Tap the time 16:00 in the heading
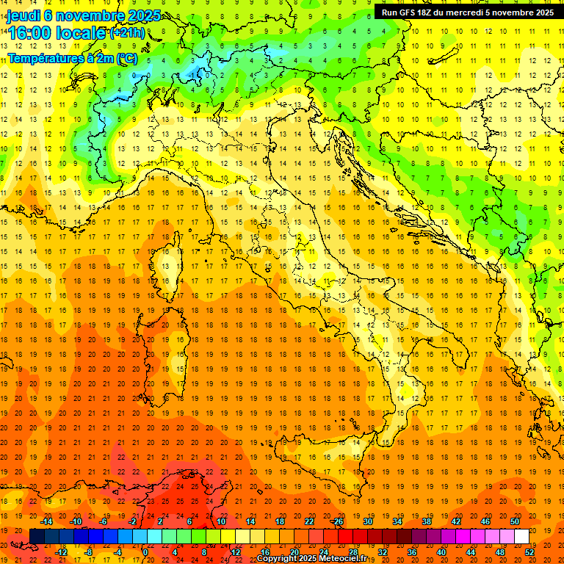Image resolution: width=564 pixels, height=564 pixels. coord(29,33)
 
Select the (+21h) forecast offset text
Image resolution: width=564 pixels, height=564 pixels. coord(127,33)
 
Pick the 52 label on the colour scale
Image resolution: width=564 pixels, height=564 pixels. coord(529,552)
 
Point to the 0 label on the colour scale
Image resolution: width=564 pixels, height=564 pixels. coord(146,552)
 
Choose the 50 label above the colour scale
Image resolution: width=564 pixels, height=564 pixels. coord(515,521)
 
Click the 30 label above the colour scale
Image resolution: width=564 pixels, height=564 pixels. coord(367,521)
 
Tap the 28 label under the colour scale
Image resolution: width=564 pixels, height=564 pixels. coord(352,552)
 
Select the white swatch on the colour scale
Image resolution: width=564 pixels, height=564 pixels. coord(521,537)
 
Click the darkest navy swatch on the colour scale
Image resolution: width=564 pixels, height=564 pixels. coord(37,537)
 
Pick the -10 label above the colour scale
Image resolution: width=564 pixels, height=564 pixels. coord(76,521)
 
